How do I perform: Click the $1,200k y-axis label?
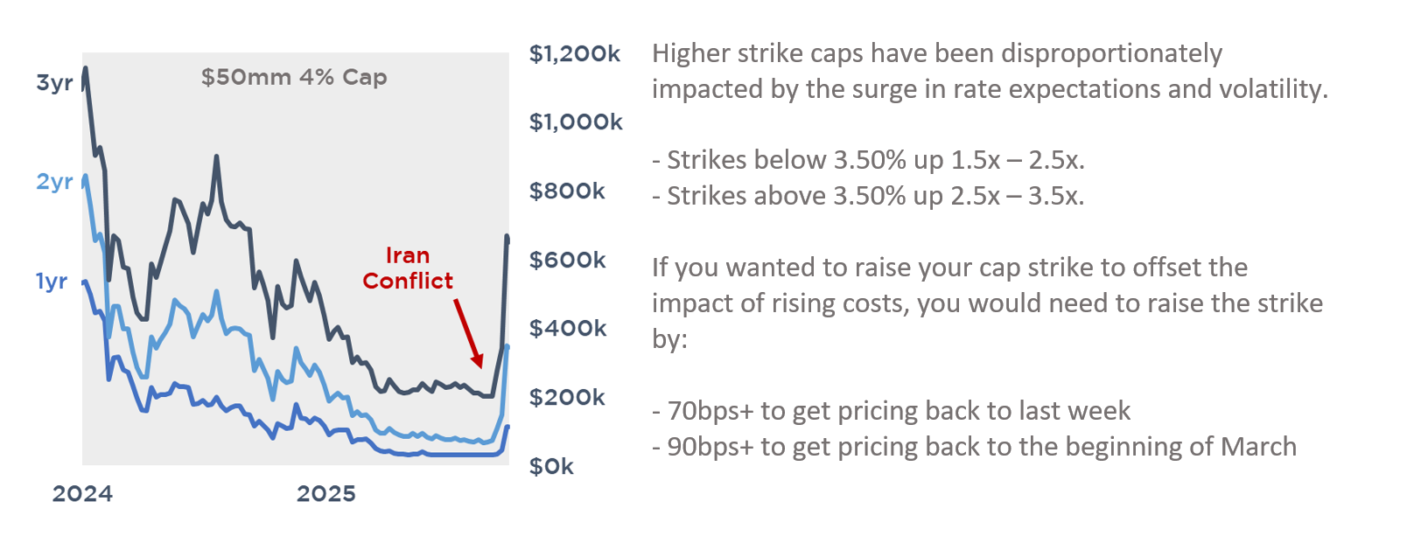click(x=574, y=54)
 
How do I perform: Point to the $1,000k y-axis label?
click(x=575, y=122)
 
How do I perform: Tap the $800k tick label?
click(x=566, y=191)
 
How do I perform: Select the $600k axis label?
click(x=566, y=261)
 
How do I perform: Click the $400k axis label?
click(x=566, y=329)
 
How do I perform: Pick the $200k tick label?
click(x=566, y=398)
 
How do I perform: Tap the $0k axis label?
click(x=550, y=467)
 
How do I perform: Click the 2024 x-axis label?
click(x=82, y=494)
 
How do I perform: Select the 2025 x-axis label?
click(x=325, y=494)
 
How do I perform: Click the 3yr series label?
click(x=54, y=83)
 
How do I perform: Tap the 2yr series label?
click(x=54, y=182)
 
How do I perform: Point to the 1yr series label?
click(x=52, y=282)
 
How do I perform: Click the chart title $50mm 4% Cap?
click(x=294, y=77)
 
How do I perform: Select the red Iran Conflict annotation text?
click(x=408, y=268)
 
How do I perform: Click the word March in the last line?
click(x=1258, y=447)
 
